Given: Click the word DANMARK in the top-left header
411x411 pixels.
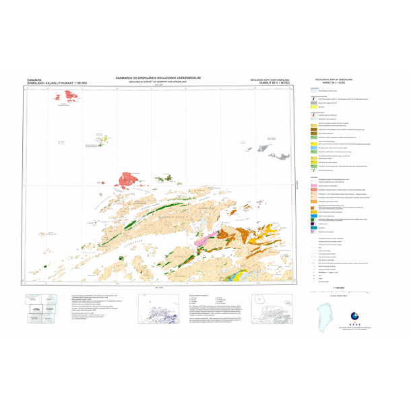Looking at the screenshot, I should (34, 80).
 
